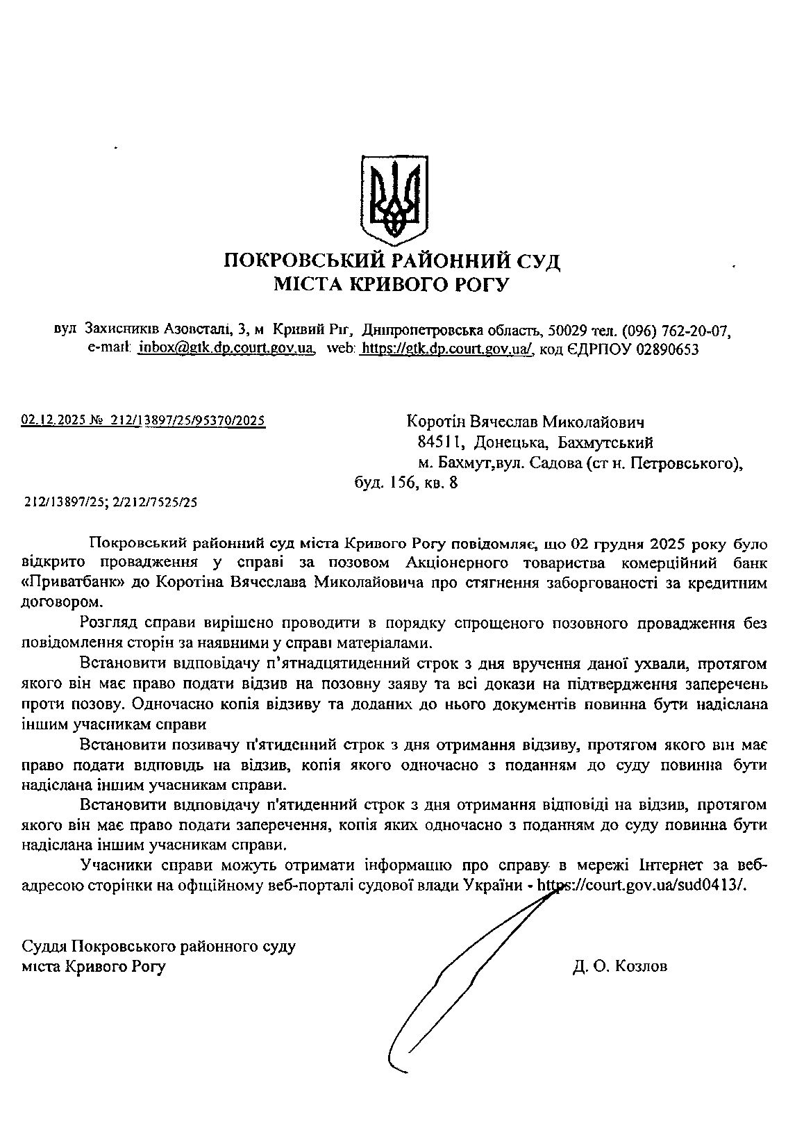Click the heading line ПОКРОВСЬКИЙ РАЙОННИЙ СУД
392,262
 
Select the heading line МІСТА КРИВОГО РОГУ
392,284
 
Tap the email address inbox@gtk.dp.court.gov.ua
226,349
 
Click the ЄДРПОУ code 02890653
667,349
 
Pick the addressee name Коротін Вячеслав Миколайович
526,422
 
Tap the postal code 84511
437,442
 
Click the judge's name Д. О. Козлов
620,966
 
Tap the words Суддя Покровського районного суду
159,947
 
